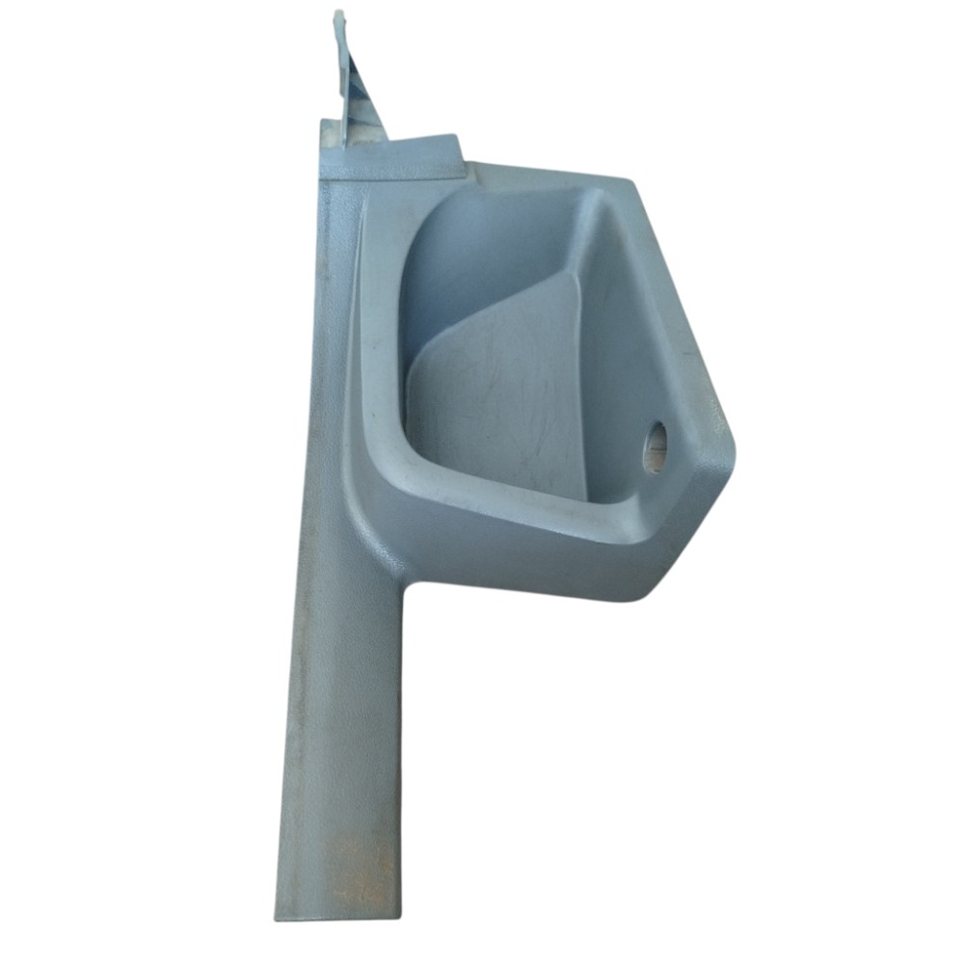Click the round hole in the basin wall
coord(656,447)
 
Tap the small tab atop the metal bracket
coord(338,21)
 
